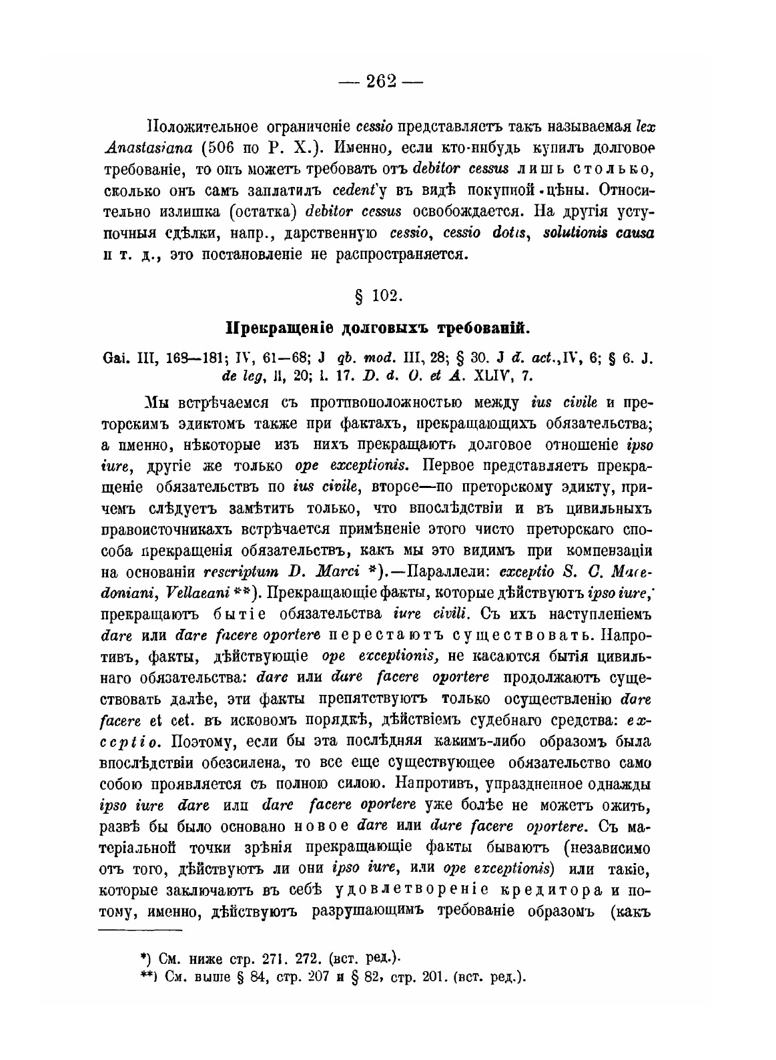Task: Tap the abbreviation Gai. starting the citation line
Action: click(x=115, y=358)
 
